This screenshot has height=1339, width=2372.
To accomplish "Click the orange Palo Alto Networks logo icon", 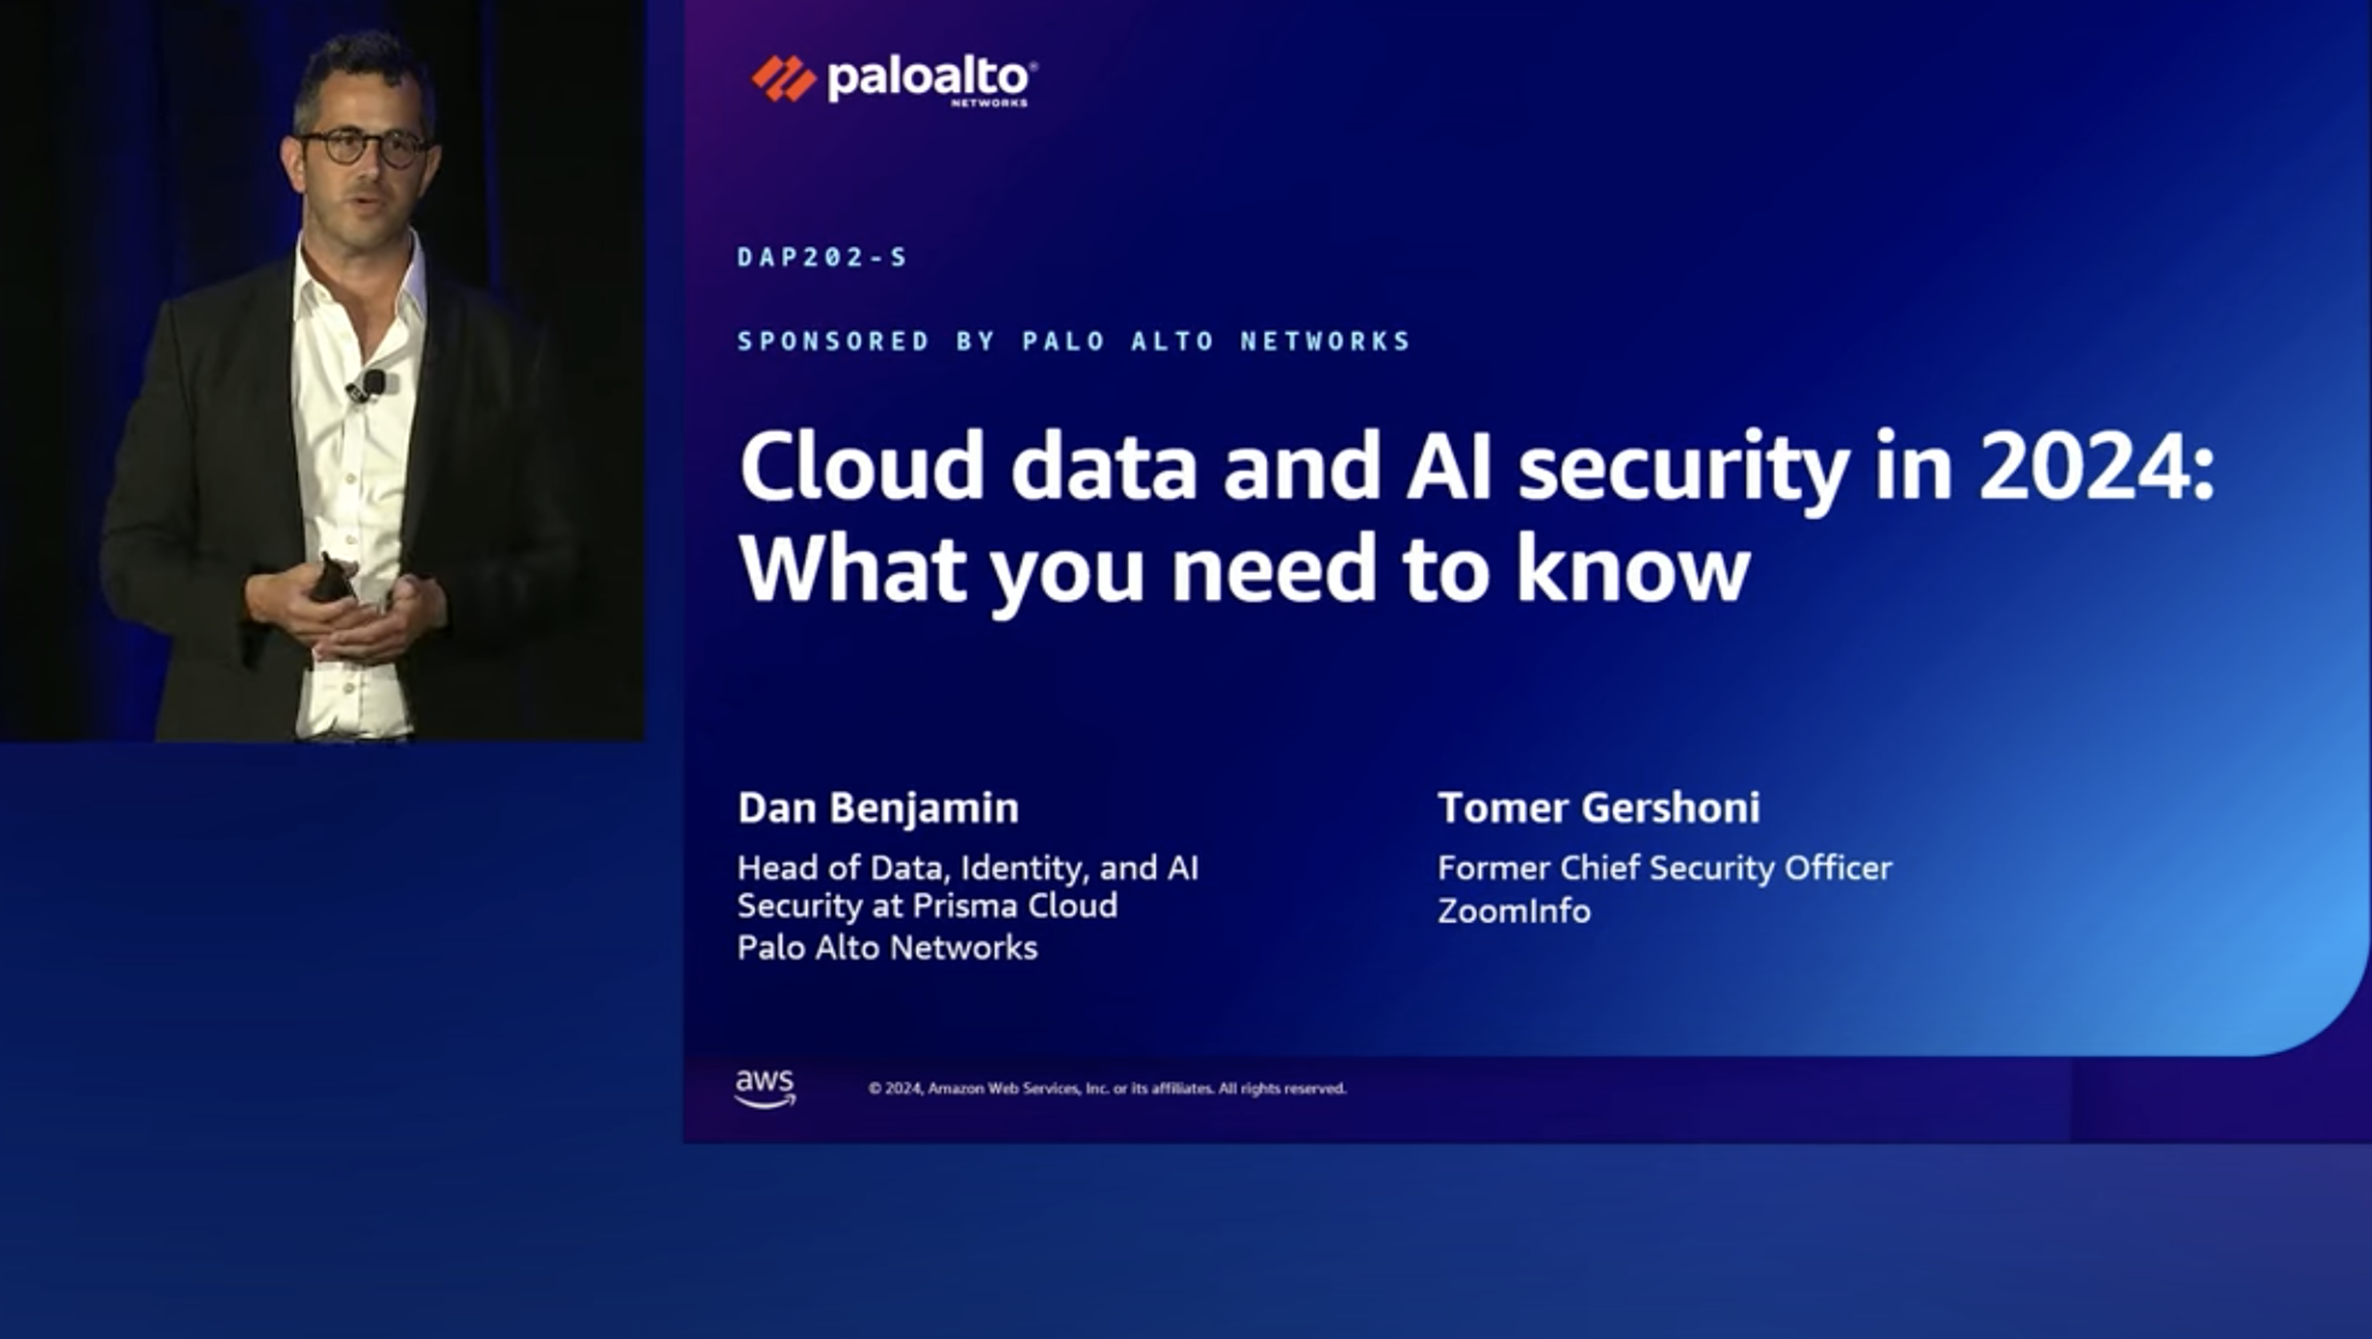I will click(783, 79).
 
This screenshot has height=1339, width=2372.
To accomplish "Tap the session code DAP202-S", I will click(823, 257).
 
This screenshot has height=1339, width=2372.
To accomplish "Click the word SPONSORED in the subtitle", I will click(834, 342).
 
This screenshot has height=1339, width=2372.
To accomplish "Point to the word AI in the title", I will click(1448, 467).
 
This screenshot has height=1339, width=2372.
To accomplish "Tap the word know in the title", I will click(1633, 569).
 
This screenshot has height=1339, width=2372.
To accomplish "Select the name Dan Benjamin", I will click(878, 808).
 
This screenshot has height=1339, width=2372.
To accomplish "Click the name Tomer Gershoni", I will click(1599, 808).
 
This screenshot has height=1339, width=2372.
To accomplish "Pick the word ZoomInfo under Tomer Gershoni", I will click(1514, 911).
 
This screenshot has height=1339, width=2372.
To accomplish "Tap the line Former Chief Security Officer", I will click(1664, 867).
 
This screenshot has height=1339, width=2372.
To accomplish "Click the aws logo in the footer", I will click(765, 1087).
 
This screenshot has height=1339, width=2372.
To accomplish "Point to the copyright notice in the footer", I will click(1107, 1088).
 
